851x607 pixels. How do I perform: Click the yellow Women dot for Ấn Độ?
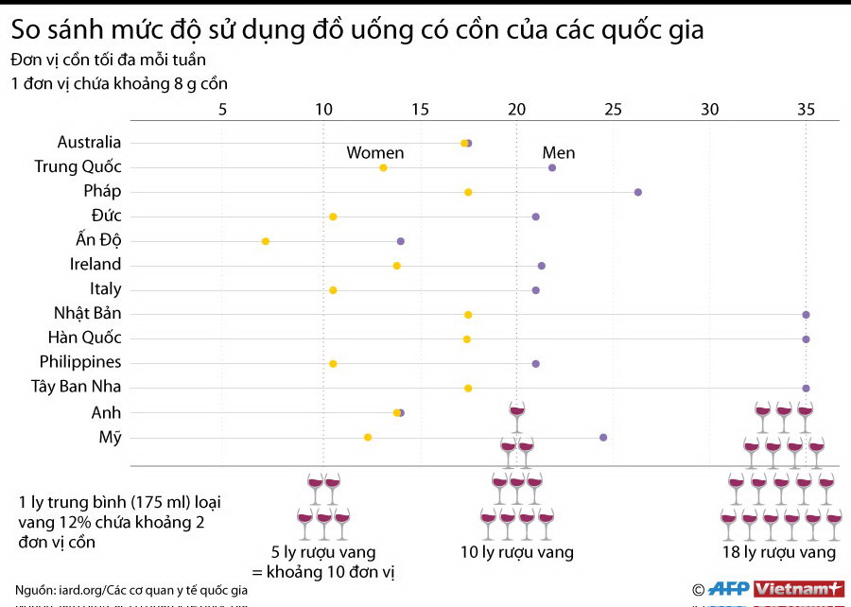coord(266,241)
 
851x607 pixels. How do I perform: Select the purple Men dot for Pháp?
coord(638,192)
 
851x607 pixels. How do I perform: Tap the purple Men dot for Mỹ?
coord(603,438)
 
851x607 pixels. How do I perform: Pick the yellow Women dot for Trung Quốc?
coord(383,167)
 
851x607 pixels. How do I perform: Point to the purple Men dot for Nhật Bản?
coord(806,315)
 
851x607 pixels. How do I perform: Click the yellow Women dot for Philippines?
coord(333,364)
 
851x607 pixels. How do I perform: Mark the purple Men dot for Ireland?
coord(542,266)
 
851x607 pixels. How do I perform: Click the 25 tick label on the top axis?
coord(613,109)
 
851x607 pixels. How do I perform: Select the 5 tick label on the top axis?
coord(223,109)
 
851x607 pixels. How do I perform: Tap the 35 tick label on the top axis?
coord(806,109)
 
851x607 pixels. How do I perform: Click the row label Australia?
coord(89,142)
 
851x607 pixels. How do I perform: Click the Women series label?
coord(374,153)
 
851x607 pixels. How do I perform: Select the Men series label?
coord(558,153)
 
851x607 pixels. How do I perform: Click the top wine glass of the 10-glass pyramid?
coord(516,410)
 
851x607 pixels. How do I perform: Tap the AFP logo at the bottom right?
coord(728,588)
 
